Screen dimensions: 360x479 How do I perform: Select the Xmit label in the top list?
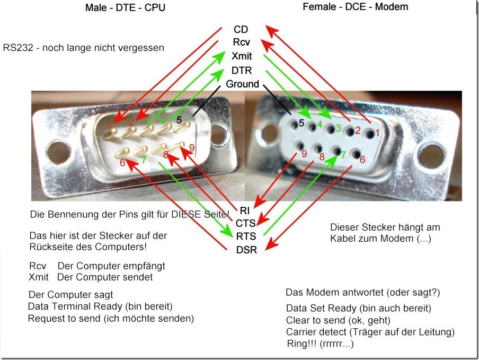tap(242, 56)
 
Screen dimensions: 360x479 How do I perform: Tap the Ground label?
tap(242, 84)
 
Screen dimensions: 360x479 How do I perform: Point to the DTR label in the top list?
tap(242, 70)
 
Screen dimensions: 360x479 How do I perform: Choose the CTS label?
tap(246, 223)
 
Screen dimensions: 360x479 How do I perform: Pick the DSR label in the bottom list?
tap(246, 249)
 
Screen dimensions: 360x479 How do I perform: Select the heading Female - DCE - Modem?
tap(355, 7)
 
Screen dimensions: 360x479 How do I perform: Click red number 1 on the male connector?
tap(108, 126)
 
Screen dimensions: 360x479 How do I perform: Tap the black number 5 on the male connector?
tap(179, 120)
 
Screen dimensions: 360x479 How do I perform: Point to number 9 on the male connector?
tap(191, 148)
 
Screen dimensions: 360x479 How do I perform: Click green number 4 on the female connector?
tap(320, 125)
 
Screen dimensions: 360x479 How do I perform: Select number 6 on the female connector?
tap(363, 159)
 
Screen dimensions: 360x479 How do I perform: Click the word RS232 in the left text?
tap(16, 47)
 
